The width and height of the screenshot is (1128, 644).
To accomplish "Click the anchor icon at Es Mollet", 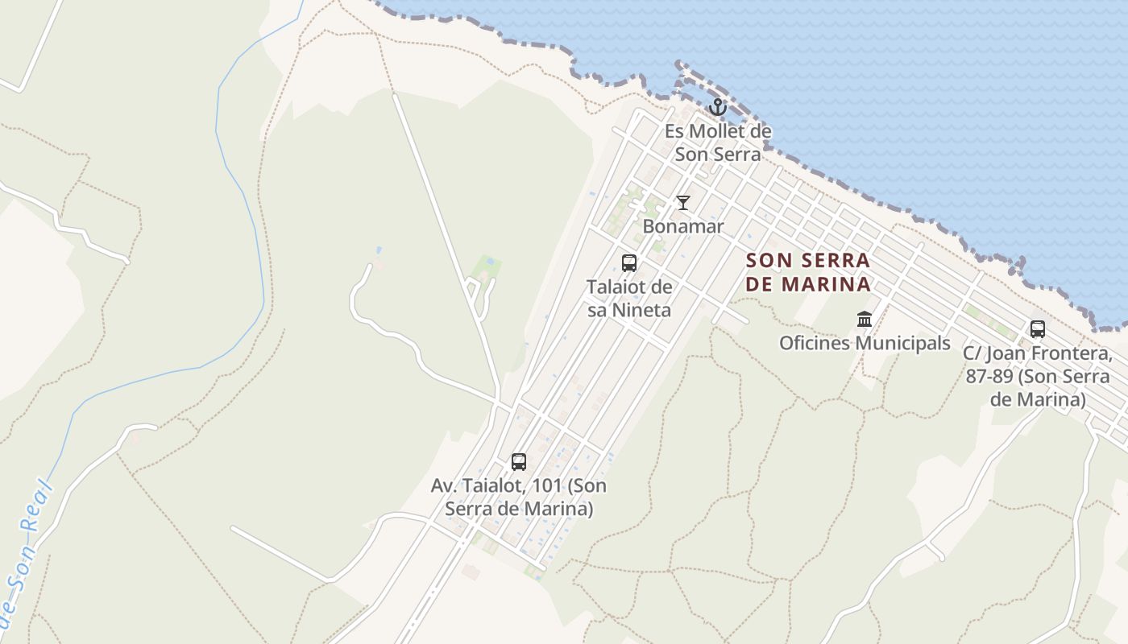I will coord(717,107).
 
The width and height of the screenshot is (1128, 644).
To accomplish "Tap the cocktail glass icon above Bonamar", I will coord(683,203).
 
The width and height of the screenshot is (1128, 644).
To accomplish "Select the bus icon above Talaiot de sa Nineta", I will coord(629,263).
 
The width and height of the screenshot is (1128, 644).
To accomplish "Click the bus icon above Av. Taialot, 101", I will coord(519,462).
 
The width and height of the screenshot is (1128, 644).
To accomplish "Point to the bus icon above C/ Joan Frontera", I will coord(1037,329).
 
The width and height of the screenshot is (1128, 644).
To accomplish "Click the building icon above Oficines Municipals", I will coord(865,320).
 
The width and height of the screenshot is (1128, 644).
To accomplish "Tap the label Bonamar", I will coord(683,226).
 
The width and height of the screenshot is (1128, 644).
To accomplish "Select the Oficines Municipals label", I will coord(865,343).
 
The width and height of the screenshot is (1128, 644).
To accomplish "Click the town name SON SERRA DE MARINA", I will coord(808,272).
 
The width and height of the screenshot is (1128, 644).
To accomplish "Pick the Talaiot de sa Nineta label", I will coord(629,298).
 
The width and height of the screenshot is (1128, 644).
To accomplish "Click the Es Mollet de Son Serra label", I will coord(718,142).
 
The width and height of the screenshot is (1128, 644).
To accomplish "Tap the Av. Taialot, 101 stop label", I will coord(519,497).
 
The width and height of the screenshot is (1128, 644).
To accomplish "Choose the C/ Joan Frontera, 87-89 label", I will coord(1038,376).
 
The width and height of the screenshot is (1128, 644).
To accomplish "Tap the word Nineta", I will coord(641,310).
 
